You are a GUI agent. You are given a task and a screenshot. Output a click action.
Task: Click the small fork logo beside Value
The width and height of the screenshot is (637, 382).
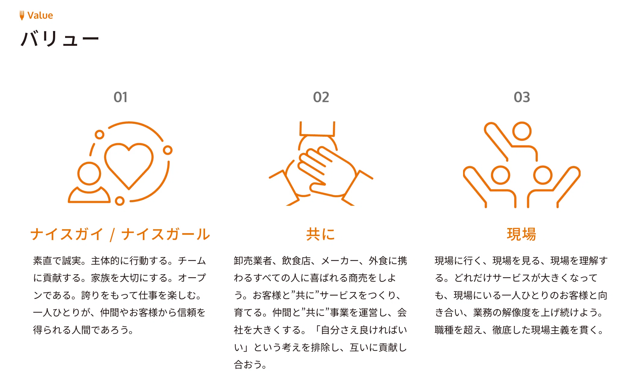point(22,15)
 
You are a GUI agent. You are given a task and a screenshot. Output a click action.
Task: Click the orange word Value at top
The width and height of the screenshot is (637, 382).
point(40,15)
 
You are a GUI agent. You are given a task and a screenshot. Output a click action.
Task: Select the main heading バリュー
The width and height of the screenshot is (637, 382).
point(60,39)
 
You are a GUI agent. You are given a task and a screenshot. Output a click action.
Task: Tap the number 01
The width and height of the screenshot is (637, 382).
point(120,97)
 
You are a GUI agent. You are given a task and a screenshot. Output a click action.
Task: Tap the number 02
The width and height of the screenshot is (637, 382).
point(321,97)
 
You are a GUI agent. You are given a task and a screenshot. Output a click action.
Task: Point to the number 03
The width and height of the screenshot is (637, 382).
point(522,97)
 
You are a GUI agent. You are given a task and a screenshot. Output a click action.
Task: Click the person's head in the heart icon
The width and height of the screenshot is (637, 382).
point(89,174)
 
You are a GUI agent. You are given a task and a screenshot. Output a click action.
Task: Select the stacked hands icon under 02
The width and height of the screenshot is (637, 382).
point(321,164)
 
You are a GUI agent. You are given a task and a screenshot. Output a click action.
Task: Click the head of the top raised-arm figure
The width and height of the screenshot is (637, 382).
point(522,131)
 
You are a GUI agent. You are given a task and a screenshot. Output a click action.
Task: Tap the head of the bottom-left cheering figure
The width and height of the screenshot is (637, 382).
point(500,175)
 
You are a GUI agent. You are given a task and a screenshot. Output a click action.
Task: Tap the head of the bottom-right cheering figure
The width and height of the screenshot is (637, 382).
point(543,175)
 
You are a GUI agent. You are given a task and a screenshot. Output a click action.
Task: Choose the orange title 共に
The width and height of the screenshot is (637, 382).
point(321,234)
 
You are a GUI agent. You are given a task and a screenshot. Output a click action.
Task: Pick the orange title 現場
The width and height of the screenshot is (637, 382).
point(522,234)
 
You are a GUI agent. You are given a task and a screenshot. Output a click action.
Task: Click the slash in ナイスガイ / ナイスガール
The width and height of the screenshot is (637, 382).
point(112,235)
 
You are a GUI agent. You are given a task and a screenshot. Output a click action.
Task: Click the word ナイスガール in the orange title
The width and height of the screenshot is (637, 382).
point(166,234)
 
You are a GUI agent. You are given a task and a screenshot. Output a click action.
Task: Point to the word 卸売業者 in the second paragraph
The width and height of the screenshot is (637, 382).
point(253,261)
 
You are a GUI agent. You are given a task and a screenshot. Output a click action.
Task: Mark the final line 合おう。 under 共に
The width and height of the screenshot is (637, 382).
point(251,365)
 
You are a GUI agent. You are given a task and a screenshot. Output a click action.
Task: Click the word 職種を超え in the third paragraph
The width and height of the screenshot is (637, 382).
point(459,330)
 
